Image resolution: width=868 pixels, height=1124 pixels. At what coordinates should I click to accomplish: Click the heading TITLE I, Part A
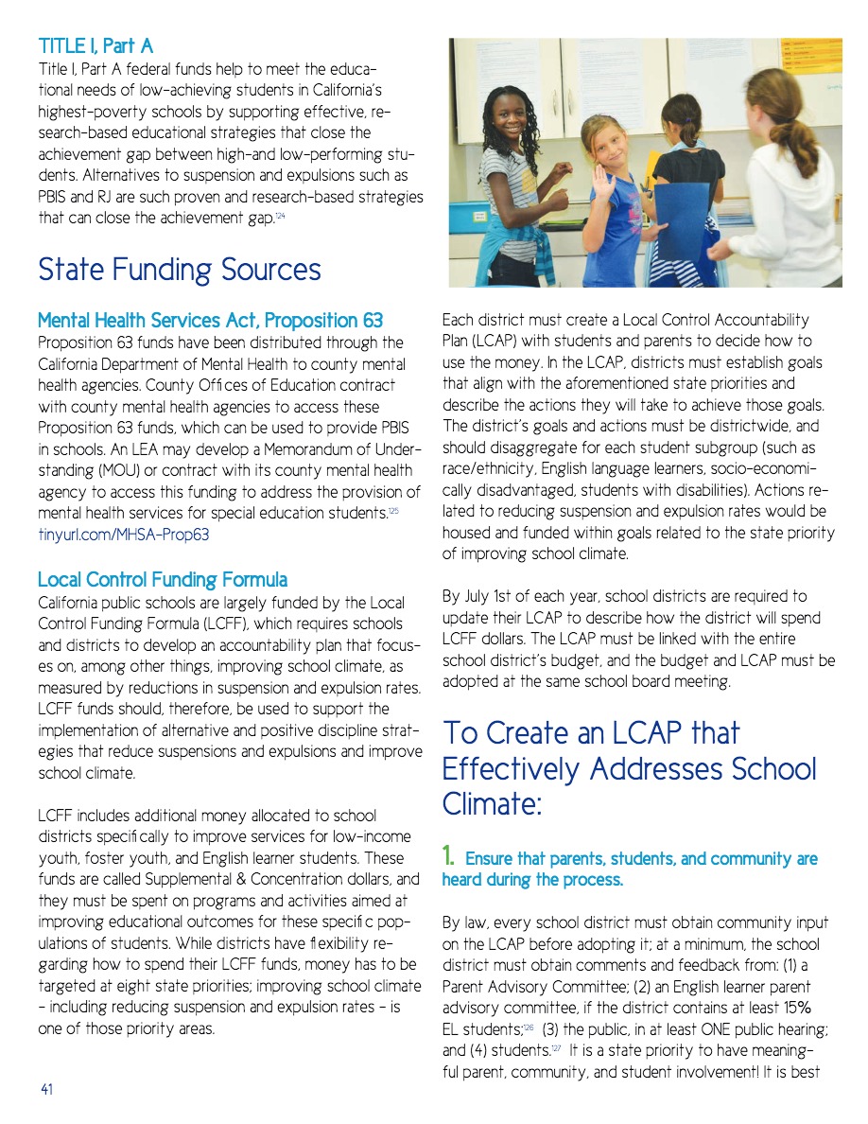click(x=95, y=45)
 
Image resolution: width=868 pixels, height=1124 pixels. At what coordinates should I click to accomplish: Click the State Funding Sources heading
click(x=179, y=270)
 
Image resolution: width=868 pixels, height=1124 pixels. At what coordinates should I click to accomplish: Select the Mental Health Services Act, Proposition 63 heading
click(x=210, y=321)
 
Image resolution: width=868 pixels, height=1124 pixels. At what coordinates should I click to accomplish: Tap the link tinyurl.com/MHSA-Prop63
click(x=123, y=535)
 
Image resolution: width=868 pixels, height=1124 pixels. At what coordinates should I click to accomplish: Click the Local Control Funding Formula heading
click(x=163, y=579)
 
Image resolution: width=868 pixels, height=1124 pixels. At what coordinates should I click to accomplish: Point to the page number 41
click(x=46, y=1090)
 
